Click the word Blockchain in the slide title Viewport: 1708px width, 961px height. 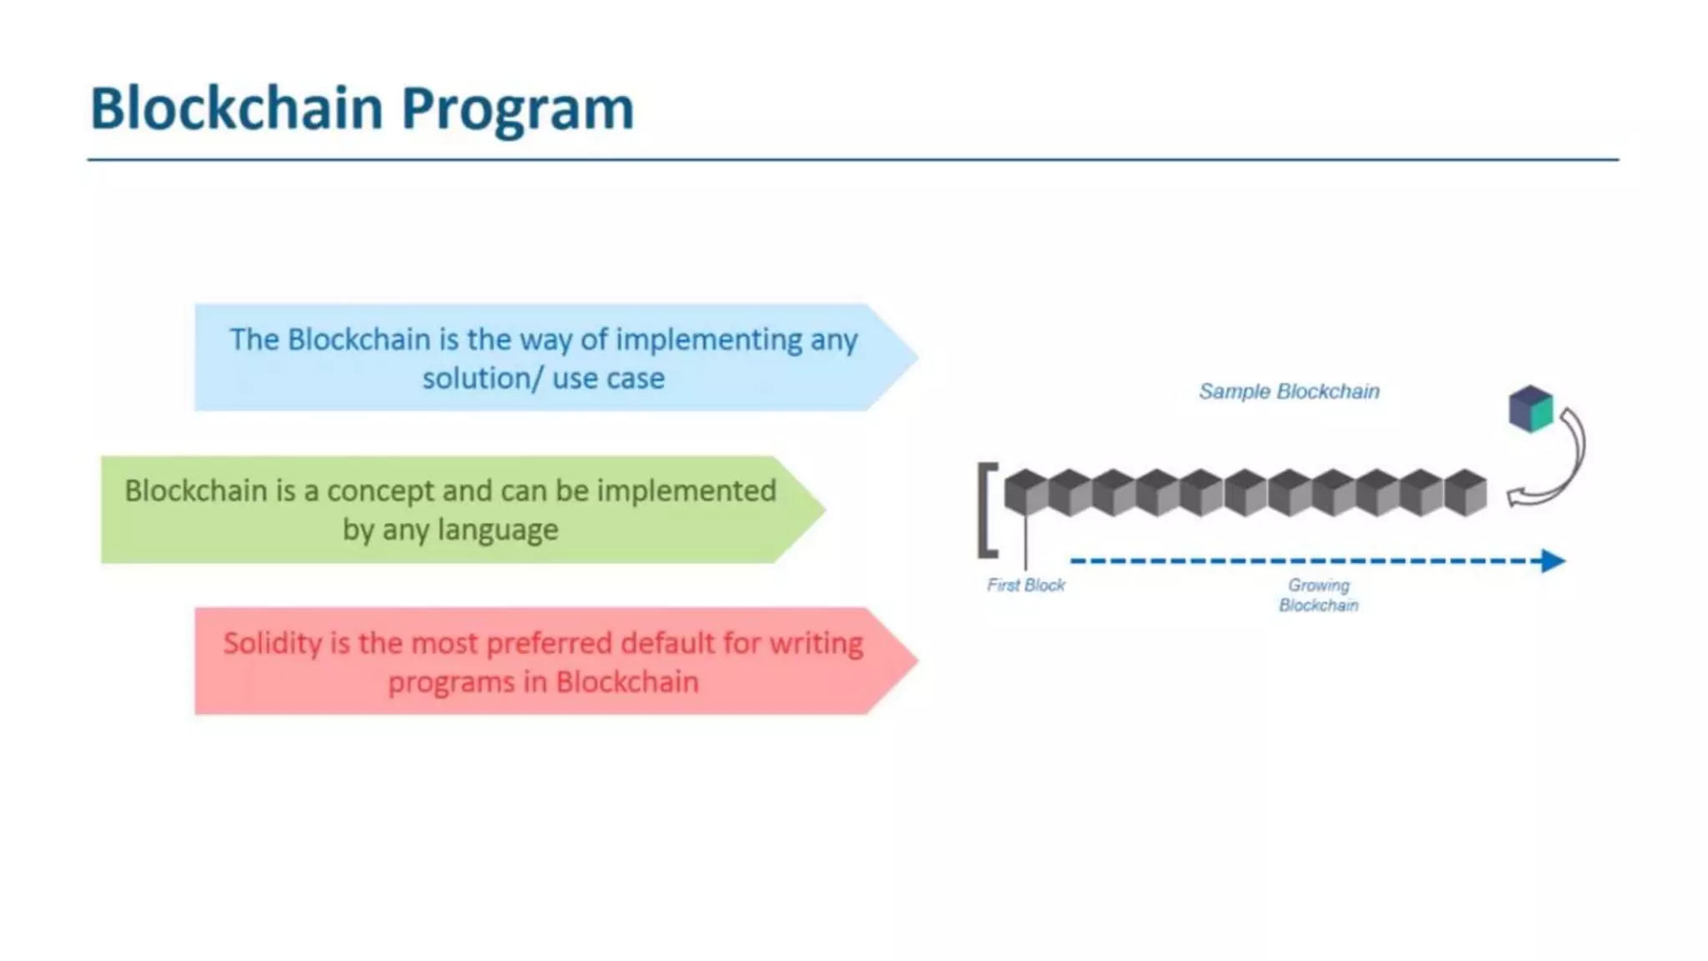click(236, 108)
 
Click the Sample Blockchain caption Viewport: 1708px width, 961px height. click(1289, 391)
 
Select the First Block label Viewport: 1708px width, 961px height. click(1026, 586)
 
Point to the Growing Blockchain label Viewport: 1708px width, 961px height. click(1319, 595)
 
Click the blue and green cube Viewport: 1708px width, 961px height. click(1531, 409)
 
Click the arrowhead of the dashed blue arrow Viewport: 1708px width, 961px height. click(1553, 561)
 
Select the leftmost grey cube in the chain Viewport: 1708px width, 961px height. click(1026, 493)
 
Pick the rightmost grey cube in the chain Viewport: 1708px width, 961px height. click(1465, 493)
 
